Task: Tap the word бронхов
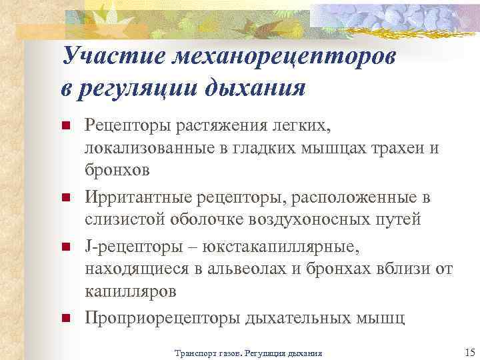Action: coord(117,170)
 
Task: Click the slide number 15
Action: coord(467,351)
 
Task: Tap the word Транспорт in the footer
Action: coord(194,353)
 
